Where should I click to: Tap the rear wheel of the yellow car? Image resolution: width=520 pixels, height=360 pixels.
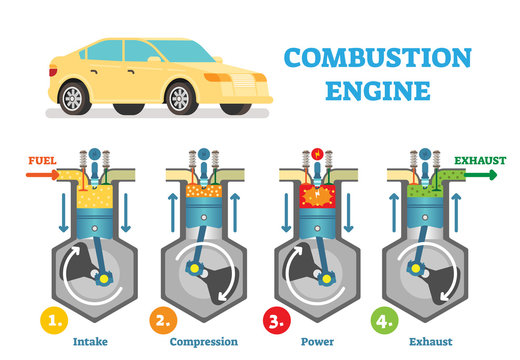pos(73,98)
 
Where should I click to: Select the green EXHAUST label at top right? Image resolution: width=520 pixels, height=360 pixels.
pos(480,160)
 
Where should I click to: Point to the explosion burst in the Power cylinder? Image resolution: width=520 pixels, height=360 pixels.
pos(319,192)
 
